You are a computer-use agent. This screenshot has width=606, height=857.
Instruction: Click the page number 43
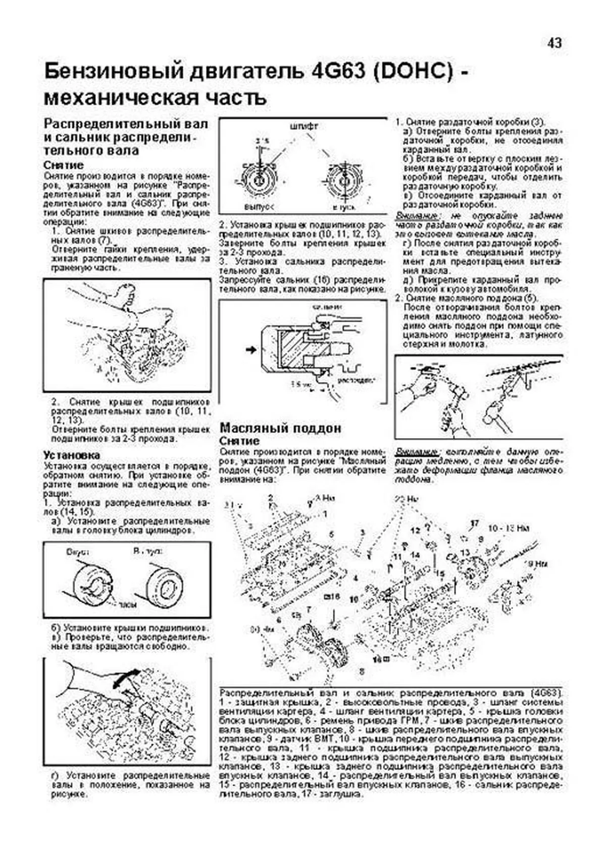pos(554,43)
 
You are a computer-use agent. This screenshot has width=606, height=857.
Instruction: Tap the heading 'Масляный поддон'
pos(280,428)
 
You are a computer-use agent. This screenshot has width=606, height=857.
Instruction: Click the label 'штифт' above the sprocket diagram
pos(304,126)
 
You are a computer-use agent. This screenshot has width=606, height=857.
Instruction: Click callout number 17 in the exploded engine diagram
pos(474,522)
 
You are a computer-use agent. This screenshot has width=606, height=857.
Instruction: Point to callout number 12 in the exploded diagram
pos(415,531)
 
